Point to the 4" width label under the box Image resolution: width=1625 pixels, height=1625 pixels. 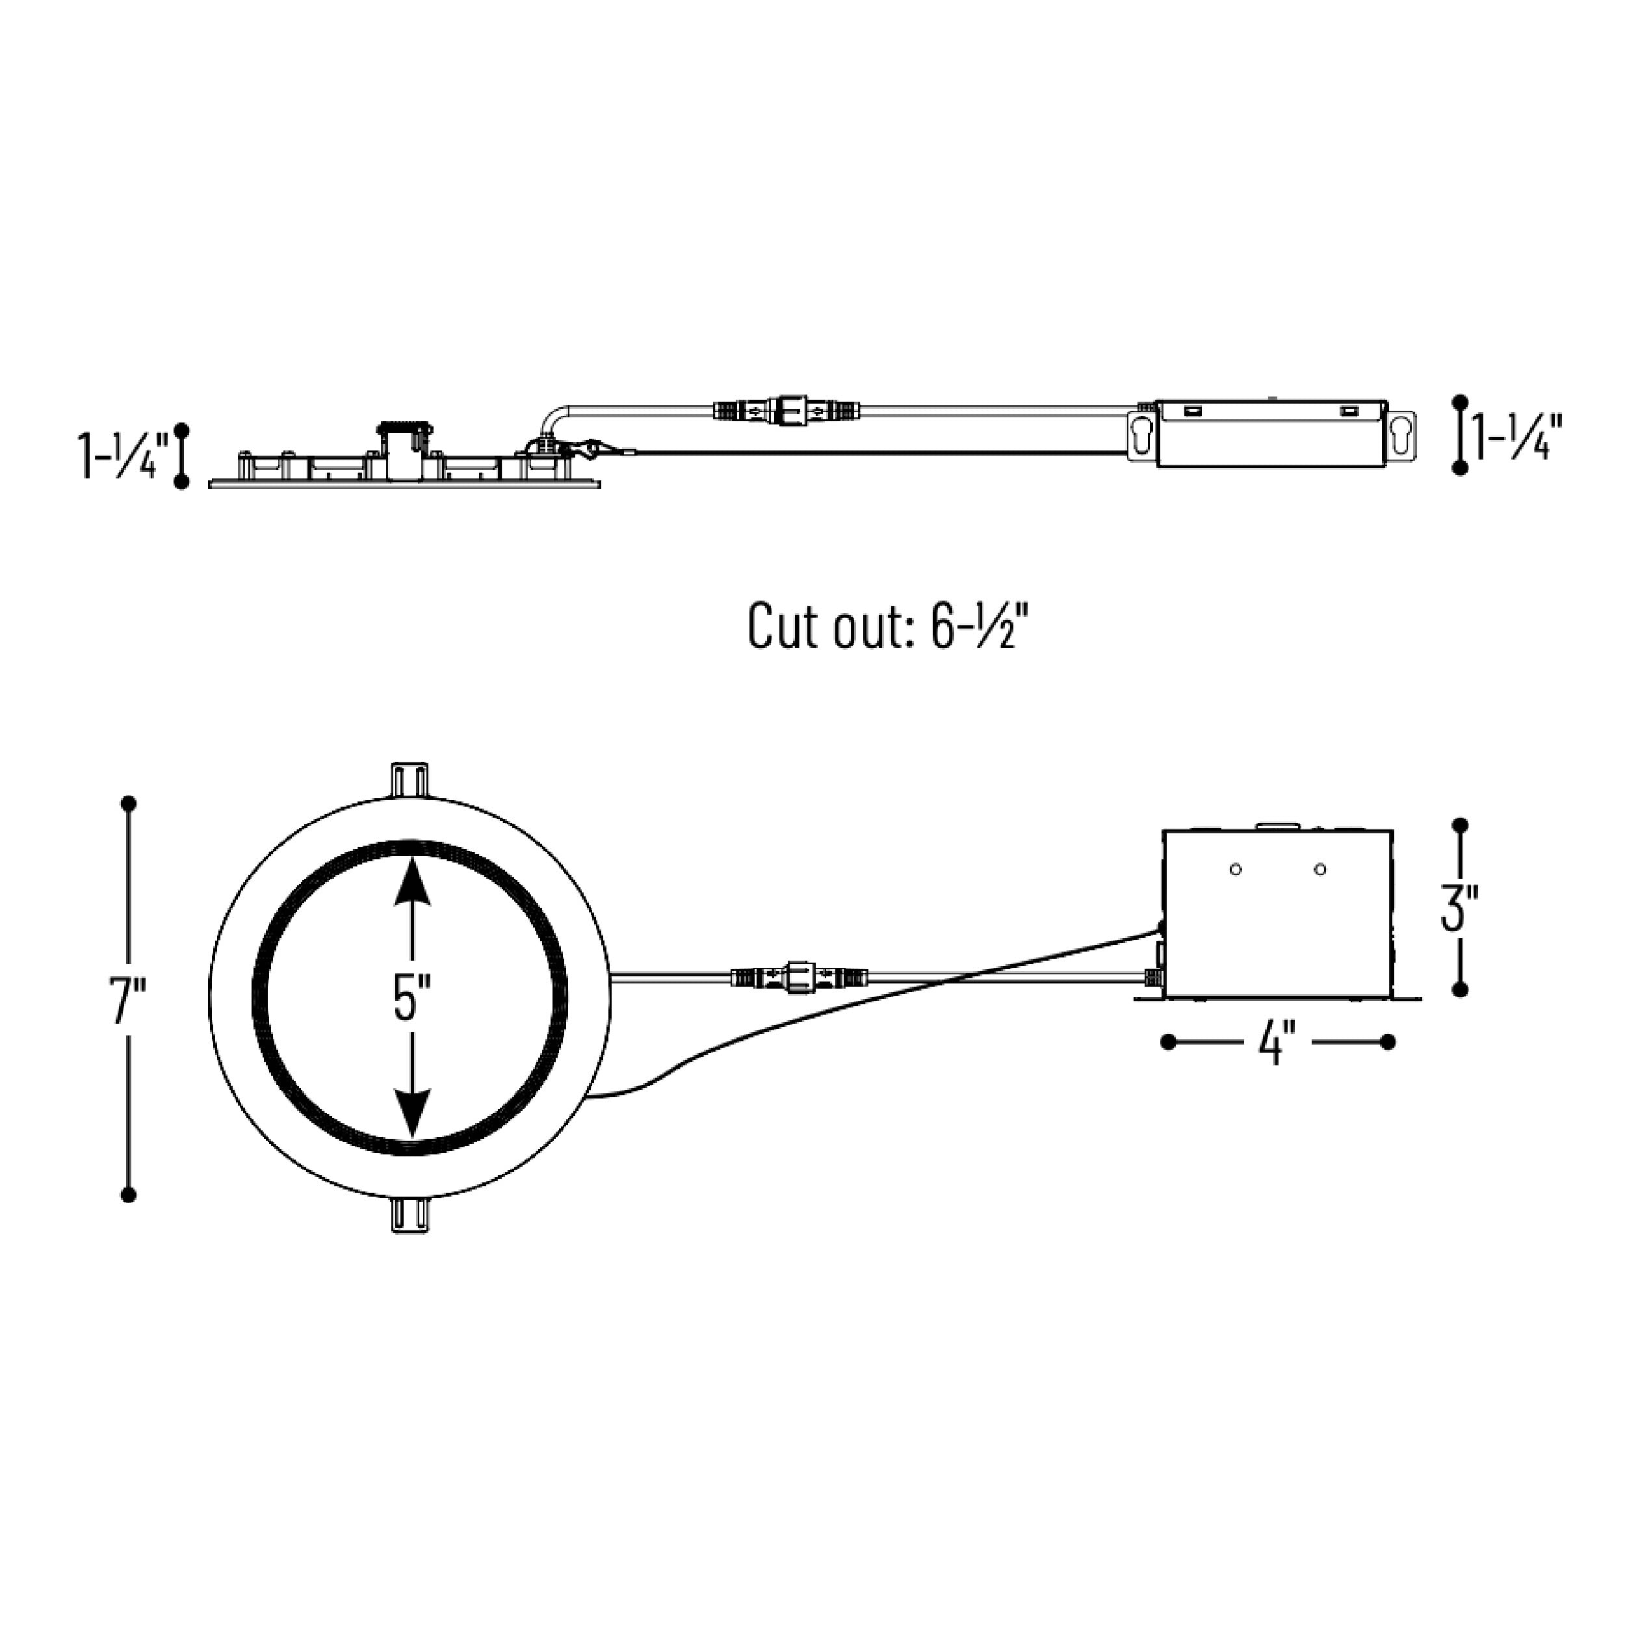(1277, 1044)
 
